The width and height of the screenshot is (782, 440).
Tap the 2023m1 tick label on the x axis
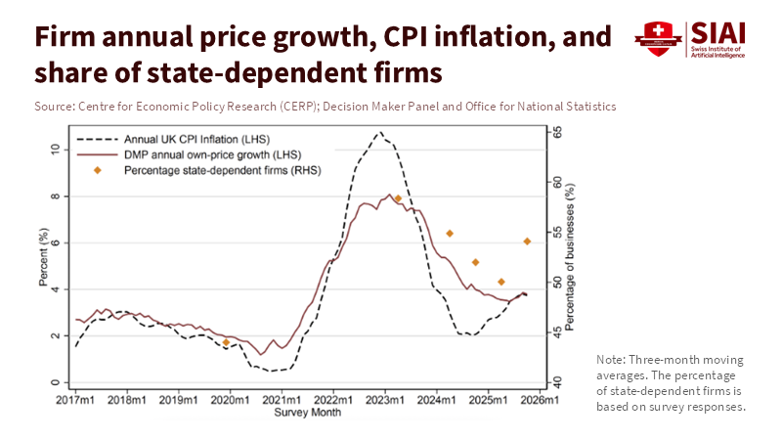click(384, 400)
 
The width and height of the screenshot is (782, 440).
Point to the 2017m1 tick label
click(75, 400)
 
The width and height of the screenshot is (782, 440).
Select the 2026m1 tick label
click(539, 400)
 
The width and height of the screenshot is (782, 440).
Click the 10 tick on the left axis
click(57, 150)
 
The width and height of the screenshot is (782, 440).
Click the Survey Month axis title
click(307, 413)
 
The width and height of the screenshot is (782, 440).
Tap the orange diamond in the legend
click(97, 171)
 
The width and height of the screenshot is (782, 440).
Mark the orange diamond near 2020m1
click(226, 342)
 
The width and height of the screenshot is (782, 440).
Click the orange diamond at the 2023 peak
click(398, 198)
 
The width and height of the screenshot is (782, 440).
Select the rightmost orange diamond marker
click(527, 241)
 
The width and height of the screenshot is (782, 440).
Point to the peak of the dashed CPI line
click(379, 132)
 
